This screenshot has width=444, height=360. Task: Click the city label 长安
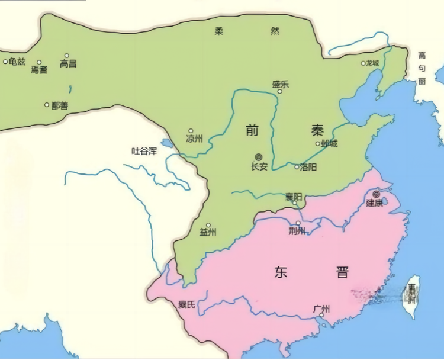(259, 167)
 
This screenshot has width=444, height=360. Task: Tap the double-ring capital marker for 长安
(259, 157)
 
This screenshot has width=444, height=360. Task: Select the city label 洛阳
(308, 167)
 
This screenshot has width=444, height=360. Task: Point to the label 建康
(374, 203)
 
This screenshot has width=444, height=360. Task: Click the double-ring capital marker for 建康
(376, 194)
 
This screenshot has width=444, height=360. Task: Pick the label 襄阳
(293, 196)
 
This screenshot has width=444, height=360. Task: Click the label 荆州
(297, 231)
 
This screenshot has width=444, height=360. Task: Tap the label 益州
(208, 232)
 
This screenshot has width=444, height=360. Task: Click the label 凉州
(194, 139)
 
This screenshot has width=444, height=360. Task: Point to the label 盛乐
(281, 84)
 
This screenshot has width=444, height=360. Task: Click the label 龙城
(372, 63)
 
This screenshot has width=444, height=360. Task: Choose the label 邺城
(329, 144)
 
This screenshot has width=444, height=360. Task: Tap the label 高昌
(68, 63)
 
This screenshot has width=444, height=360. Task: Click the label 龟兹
(17, 62)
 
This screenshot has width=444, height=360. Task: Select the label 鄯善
(59, 105)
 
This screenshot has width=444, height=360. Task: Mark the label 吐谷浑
(144, 151)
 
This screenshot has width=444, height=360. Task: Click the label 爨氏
(186, 306)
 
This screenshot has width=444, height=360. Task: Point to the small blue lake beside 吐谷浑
(167, 143)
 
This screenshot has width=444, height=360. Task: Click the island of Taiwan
(411, 296)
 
